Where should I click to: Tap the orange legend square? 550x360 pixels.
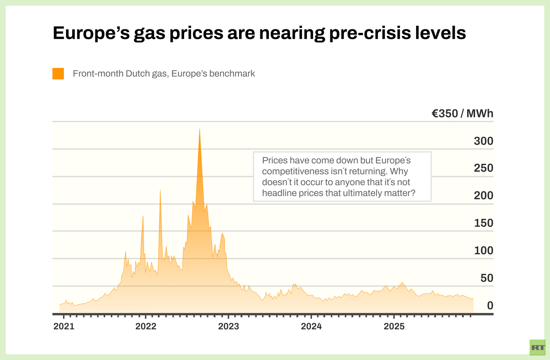58,74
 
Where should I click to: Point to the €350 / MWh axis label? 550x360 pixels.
463,114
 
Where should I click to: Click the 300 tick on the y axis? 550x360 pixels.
483,141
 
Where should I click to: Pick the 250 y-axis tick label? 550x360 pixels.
483,168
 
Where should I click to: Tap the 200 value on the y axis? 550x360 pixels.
483,196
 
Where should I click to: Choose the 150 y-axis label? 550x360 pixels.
483,223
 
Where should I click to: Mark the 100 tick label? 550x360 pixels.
483,250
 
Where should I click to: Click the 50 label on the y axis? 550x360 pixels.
487,278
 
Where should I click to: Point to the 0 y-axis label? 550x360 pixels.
490,305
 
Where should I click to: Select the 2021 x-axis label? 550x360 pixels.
63,327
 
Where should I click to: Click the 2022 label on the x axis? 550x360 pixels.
146,327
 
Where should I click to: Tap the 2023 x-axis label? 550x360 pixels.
228,327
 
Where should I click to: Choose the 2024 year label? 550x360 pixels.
311,327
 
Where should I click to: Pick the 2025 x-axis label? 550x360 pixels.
394,327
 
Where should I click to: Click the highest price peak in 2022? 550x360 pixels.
200,129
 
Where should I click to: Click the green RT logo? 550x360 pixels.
538,347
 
